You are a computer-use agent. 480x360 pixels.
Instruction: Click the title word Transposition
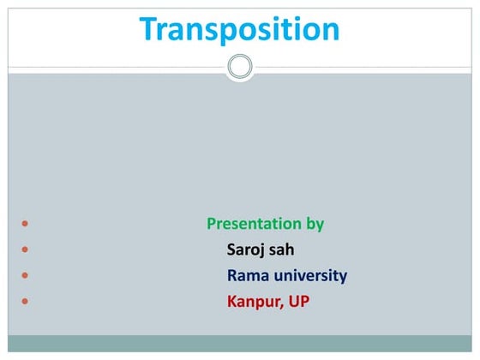(x=240, y=30)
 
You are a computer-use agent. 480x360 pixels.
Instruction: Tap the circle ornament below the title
(x=240, y=67)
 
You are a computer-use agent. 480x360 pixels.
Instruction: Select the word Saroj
(x=246, y=250)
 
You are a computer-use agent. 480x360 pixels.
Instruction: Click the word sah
(x=284, y=250)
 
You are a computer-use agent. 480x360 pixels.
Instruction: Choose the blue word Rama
(x=246, y=276)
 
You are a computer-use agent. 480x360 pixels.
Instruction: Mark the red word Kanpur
(x=250, y=302)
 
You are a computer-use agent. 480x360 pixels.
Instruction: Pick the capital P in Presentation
(x=212, y=225)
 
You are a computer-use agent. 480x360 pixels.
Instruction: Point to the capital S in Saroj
(x=231, y=250)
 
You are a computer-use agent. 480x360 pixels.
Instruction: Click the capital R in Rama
(x=231, y=276)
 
